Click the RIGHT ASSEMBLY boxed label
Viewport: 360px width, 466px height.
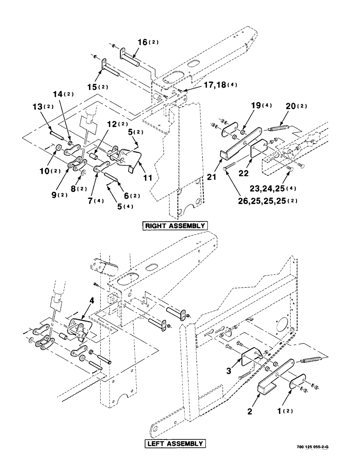pyautogui.click(x=175, y=226)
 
